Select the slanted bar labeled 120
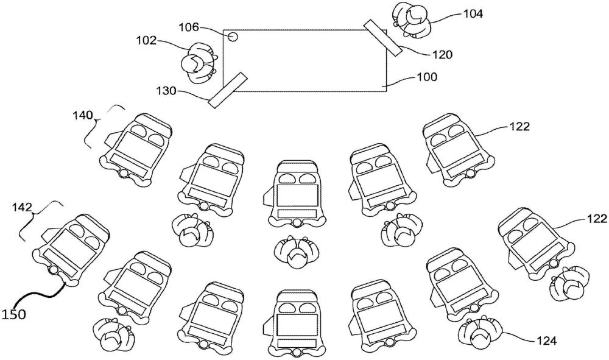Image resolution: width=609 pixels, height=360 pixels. (383, 37)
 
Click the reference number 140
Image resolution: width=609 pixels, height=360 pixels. (83, 113)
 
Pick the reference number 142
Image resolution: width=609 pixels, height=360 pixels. (23, 206)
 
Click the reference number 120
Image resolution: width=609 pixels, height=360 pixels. (440, 54)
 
